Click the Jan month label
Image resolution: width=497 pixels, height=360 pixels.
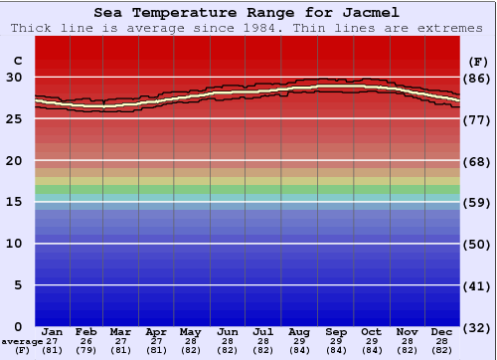pos(53,331)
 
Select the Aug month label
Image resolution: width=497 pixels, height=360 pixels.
pos(299,331)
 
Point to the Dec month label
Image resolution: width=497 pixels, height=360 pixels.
pos(443,331)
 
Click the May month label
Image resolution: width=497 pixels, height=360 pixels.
pos(190,331)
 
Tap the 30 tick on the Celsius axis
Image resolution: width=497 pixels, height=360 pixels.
pos(16,78)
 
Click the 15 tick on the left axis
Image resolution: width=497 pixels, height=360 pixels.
pos(16,202)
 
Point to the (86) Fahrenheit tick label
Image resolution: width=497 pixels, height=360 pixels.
pos(478,78)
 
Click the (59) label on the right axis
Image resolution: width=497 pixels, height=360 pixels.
pos(478,202)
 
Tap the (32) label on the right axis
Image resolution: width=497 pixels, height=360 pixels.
pos(478,326)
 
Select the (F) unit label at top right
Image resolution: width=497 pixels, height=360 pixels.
pos(477,60)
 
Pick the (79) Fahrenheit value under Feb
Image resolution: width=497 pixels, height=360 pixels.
pos(86,349)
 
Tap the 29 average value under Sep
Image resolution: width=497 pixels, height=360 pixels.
pos(336,340)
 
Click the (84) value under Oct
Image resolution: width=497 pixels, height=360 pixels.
pos(371,349)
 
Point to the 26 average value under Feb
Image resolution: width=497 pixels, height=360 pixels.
pos(86,340)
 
